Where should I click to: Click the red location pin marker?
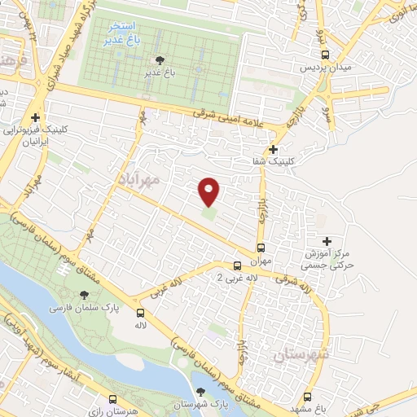[x=209, y=191]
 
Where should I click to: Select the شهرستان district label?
[x=300, y=355]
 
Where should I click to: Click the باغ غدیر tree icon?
[x=158, y=59]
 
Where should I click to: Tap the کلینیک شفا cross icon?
[x=273, y=149]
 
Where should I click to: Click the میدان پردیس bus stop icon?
[x=326, y=55]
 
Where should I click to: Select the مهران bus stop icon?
[x=261, y=248]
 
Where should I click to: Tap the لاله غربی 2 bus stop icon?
[x=237, y=266]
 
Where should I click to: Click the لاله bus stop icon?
[x=140, y=312]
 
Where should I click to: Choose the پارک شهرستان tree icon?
[x=200, y=392]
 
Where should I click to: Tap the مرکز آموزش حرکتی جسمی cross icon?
[x=327, y=241]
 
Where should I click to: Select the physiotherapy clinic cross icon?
[x=35, y=117]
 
